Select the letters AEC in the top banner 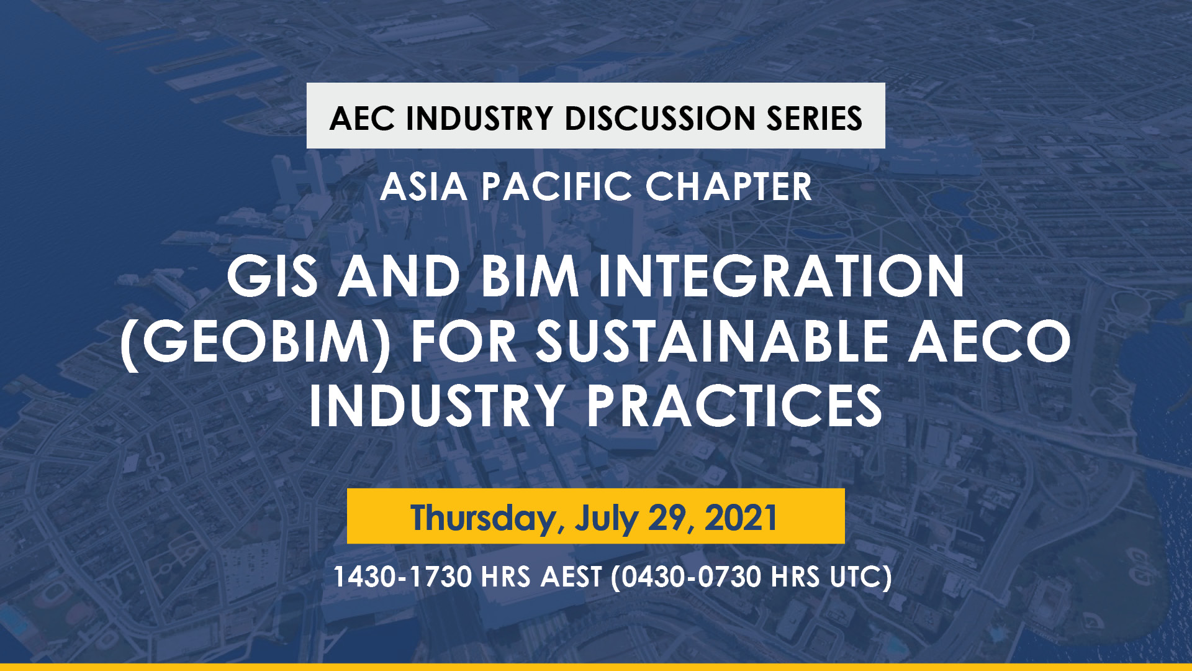(x=362, y=118)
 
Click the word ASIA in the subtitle (x=423, y=186)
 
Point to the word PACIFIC (x=557, y=186)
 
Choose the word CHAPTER (x=729, y=186)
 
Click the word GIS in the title (x=273, y=276)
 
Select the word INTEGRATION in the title (x=782, y=276)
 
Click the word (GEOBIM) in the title (x=255, y=342)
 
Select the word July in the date (x=606, y=518)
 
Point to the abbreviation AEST (x=571, y=577)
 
